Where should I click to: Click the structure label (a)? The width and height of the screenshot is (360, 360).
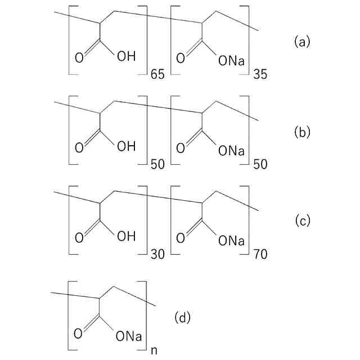(x=302, y=42)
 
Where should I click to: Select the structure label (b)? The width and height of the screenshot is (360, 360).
(x=302, y=132)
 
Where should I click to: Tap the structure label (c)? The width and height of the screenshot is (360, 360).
(x=303, y=221)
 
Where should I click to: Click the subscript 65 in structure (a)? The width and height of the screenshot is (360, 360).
(x=158, y=74)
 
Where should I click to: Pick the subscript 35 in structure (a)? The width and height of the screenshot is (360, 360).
(x=260, y=74)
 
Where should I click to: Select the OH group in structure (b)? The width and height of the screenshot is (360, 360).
(x=126, y=147)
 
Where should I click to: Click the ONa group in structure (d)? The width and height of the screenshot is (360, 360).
(x=129, y=336)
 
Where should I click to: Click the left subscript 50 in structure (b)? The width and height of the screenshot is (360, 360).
(x=158, y=164)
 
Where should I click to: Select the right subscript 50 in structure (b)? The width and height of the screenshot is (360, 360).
(x=260, y=164)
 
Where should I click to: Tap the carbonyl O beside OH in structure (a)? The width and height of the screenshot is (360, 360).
(x=78, y=57)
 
